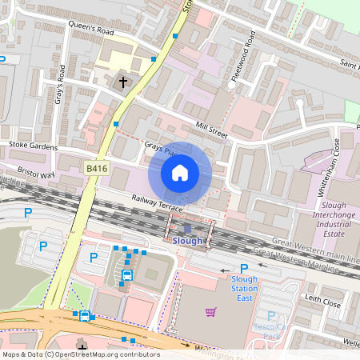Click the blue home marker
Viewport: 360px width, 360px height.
click(x=180, y=173)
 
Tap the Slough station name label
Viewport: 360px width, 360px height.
click(x=188, y=240)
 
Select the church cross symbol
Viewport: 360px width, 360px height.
click(x=123, y=81)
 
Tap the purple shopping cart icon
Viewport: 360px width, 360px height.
click(x=211, y=311)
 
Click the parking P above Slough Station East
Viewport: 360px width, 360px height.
click(x=244, y=269)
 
